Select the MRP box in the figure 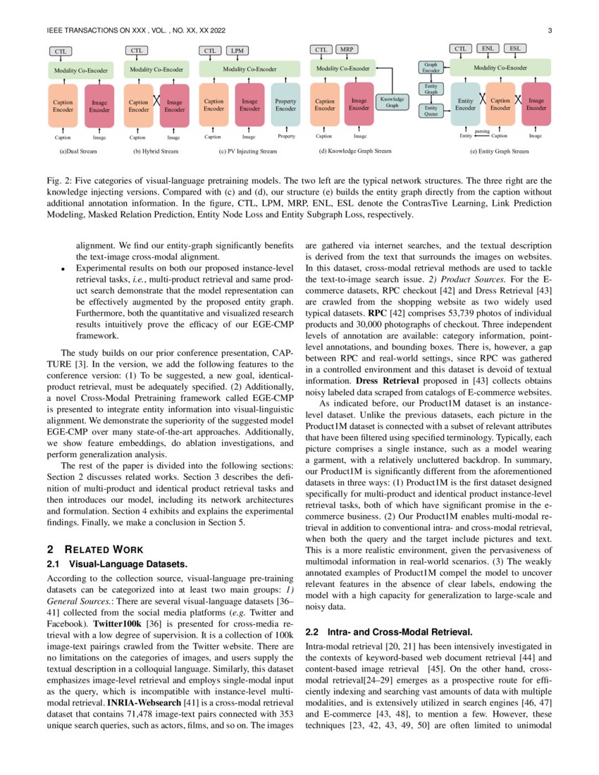346,50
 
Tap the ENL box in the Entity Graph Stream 488,49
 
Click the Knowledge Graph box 393,102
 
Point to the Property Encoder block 285,105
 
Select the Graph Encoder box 431,68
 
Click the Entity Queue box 431,111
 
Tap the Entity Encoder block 465,105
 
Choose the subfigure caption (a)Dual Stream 78,151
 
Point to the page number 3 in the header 549,30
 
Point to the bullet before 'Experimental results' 63,269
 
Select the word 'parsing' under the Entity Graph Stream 482,131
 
